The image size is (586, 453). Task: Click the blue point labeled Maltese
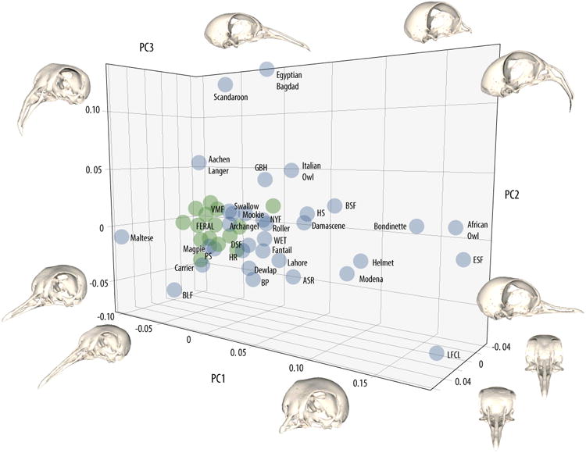(122, 237)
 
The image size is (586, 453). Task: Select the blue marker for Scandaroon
(225, 85)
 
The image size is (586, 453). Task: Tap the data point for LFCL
(437, 354)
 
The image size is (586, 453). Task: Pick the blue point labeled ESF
(464, 259)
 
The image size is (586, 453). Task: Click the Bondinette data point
(416, 226)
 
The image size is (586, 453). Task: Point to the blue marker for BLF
(174, 290)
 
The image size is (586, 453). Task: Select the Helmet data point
(361, 261)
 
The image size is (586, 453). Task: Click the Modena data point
(347, 273)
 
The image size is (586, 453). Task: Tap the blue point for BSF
(334, 205)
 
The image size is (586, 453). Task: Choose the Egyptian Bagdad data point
(266, 70)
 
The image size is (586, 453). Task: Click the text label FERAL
(205, 226)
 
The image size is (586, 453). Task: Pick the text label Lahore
(301, 262)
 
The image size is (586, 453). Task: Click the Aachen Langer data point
(198, 162)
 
